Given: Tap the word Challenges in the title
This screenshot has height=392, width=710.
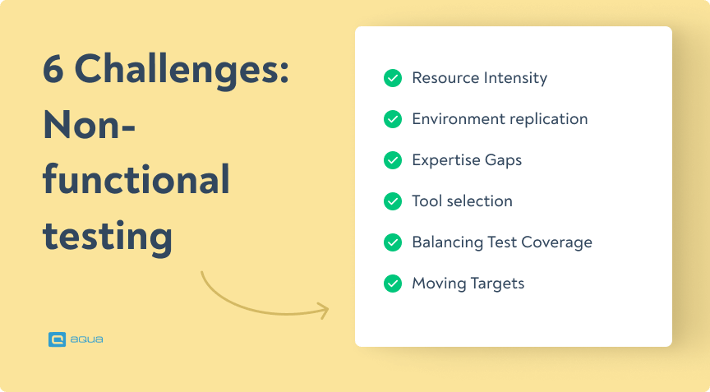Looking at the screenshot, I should (x=182, y=72).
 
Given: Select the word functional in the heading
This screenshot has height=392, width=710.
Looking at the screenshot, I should (x=136, y=181).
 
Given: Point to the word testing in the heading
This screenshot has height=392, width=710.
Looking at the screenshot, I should (x=107, y=237).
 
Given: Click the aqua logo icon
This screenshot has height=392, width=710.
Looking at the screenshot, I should (x=57, y=338).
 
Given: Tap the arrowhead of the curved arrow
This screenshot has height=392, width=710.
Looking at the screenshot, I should (x=323, y=311).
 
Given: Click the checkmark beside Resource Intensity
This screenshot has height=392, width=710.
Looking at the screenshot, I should (x=393, y=78).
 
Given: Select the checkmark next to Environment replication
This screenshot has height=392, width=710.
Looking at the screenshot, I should (x=393, y=119).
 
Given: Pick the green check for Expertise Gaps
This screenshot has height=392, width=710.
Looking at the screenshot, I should (x=393, y=160).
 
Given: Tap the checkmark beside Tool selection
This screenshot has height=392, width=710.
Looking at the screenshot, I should (x=393, y=201).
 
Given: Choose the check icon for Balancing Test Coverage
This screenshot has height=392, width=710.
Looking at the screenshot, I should (x=393, y=242).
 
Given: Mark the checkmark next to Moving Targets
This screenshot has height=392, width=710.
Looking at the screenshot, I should (x=393, y=284).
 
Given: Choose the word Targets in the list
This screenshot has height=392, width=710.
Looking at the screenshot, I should (x=497, y=284).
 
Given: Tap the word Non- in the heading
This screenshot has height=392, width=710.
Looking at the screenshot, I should (x=89, y=127).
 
